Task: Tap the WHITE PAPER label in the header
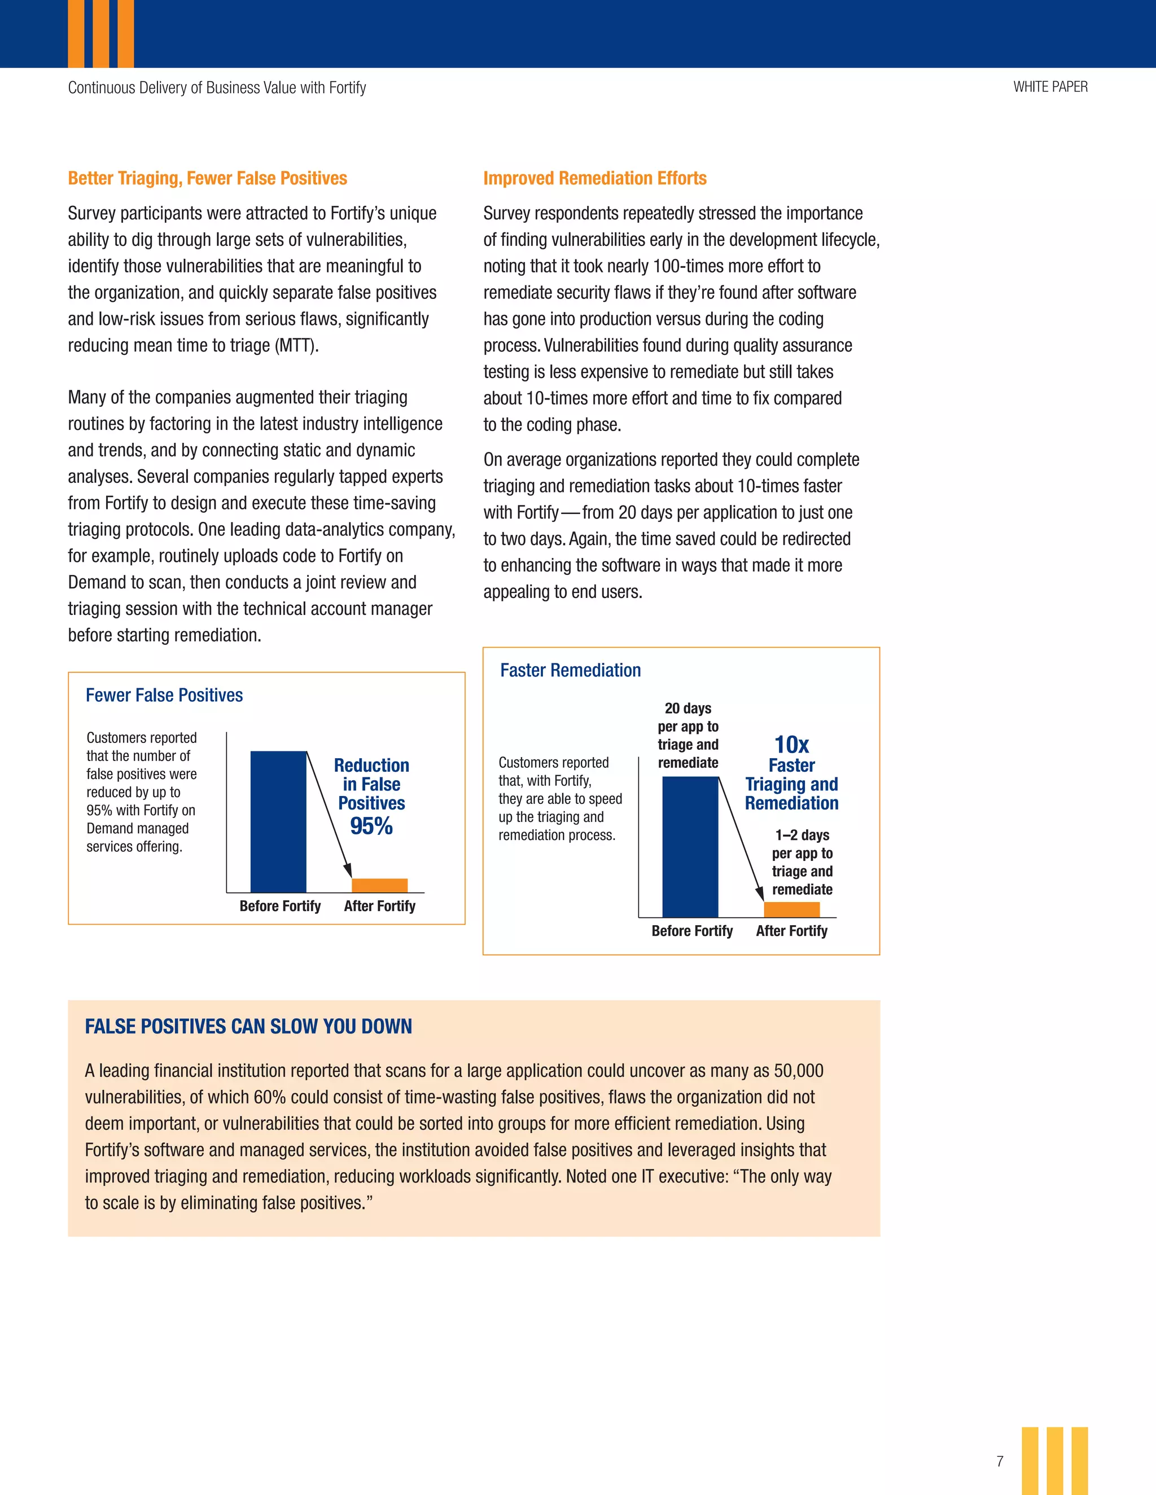point(1050,87)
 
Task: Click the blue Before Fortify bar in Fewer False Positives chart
point(278,821)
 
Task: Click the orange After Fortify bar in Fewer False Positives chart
point(379,885)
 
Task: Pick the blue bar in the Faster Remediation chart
point(690,847)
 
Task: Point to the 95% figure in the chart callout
point(371,826)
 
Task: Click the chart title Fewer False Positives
point(164,695)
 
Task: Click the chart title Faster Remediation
point(571,670)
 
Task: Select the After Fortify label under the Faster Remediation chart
point(792,931)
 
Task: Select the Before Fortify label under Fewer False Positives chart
point(279,907)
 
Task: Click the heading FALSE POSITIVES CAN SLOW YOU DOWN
point(248,1026)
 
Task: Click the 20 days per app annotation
point(688,735)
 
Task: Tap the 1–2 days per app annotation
point(802,862)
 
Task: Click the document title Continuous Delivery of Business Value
point(216,87)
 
